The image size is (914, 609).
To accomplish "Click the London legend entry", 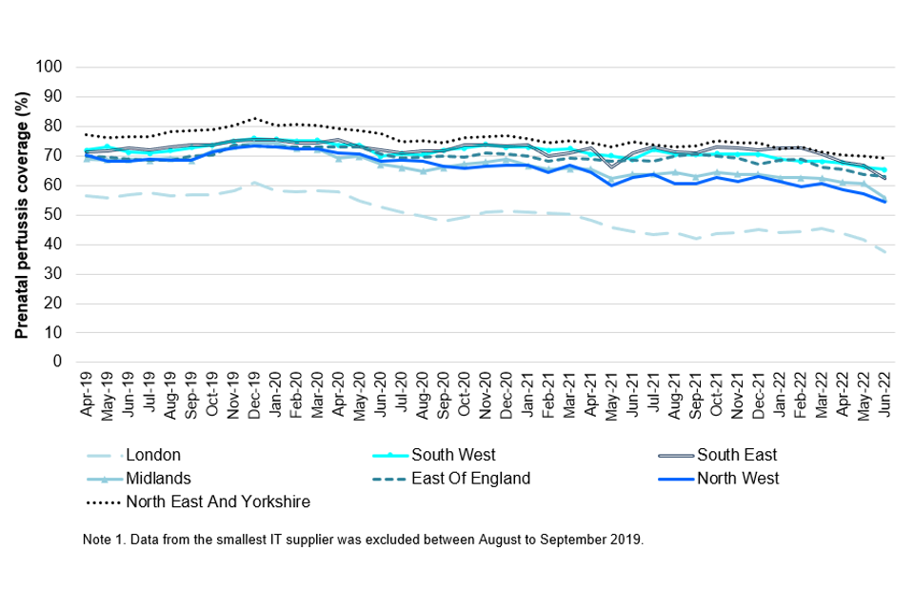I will [152, 455].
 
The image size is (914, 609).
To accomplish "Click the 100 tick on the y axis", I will [49, 68].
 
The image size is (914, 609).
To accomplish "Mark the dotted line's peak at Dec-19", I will [254, 119].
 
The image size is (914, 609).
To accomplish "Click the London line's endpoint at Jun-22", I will [885, 251].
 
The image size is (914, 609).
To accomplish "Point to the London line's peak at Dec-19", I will [254, 183].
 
